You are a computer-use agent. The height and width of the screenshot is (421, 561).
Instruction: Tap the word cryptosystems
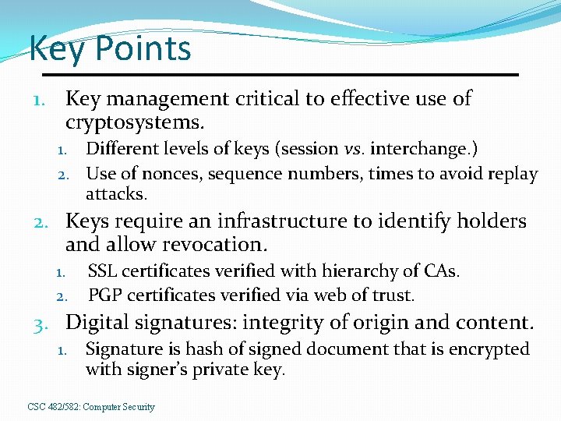[135, 122]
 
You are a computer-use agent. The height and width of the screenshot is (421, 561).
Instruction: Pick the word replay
[510, 174]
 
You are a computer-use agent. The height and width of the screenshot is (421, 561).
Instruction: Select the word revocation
[214, 245]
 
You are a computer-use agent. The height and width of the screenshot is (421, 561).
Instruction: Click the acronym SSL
[104, 271]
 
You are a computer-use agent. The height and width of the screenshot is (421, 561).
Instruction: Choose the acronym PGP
[105, 295]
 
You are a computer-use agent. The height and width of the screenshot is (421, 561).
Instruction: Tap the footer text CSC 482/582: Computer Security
[91, 407]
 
